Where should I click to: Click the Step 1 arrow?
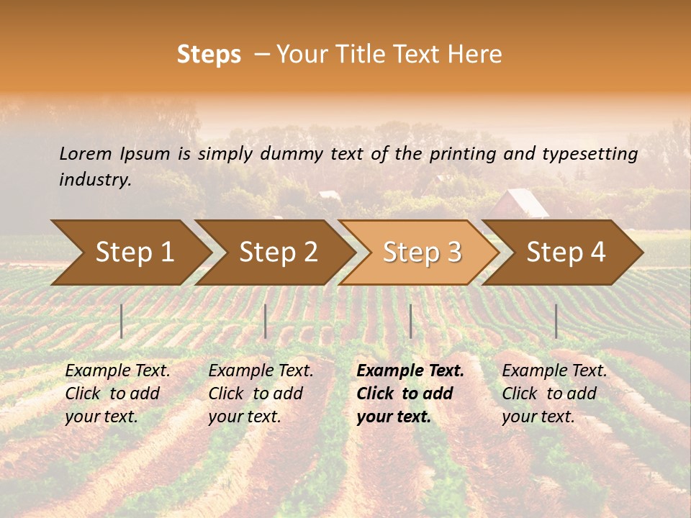tap(134, 253)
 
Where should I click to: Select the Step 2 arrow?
tap(278, 253)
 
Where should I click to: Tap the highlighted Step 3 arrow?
tap(422, 253)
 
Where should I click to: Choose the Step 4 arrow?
tap(566, 253)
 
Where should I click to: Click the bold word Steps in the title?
tap(209, 55)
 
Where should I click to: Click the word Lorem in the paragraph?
tap(85, 153)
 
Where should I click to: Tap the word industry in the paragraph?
tap(94, 179)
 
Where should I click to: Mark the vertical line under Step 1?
tap(121, 321)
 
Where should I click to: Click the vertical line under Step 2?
tap(265, 321)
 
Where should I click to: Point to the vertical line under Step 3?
tap(410, 321)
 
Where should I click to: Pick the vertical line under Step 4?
tap(556, 321)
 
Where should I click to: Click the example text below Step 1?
tap(117, 394)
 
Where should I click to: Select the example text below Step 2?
tap(261, 394)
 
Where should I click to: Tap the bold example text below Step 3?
tap(410, 394)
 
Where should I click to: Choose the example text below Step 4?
tap(554, 394)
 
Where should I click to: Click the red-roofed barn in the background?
tap(519, 204)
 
